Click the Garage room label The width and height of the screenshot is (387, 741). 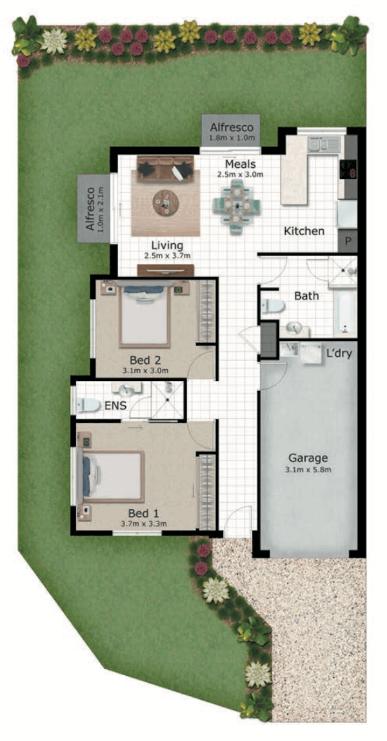[308, 458]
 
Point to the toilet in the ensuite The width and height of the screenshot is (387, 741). [89, 405]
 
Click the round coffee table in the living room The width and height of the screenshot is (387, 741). [166, 203]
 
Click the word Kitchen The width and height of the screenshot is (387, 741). [304, 231]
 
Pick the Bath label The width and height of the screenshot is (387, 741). [306, 296]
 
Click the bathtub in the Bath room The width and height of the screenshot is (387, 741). [344, 313]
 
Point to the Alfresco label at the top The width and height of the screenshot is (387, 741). [232, 127]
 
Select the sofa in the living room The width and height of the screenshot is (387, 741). [165, 168]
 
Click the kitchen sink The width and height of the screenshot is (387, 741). [323, 144]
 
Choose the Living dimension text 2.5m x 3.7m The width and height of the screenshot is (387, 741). [168, 256]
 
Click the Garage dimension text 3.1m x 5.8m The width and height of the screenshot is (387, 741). [308, 470]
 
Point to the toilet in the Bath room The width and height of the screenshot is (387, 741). [272, 306]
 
